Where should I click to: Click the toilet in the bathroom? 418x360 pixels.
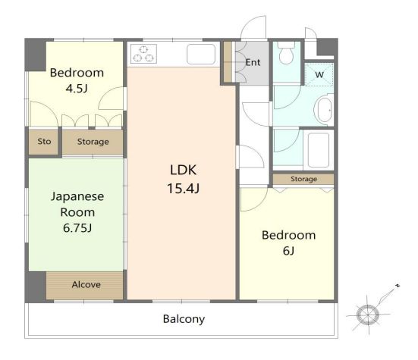[286, 53]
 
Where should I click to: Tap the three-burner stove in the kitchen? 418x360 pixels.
[143, 54]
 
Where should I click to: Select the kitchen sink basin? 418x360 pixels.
[201, 54]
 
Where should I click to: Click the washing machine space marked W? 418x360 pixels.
[319, 74]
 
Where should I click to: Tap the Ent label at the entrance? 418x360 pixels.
[253, 63]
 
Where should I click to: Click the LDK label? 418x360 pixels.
[183, 170]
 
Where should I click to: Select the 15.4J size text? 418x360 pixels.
[183, 188]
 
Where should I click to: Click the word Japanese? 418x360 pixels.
[77, 197]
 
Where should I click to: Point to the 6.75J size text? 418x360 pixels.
[77, 228]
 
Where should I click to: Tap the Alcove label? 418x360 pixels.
[86, 285]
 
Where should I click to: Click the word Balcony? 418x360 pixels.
[184, 319]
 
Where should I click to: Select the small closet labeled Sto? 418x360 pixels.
[44, 142]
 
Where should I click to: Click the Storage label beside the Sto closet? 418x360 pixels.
[93, 142]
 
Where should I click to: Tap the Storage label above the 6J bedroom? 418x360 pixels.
[303, 179]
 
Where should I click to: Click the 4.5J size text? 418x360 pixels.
[77, 89]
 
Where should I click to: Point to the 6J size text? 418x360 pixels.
[288, 251]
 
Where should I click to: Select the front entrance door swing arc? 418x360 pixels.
[250, 21]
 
